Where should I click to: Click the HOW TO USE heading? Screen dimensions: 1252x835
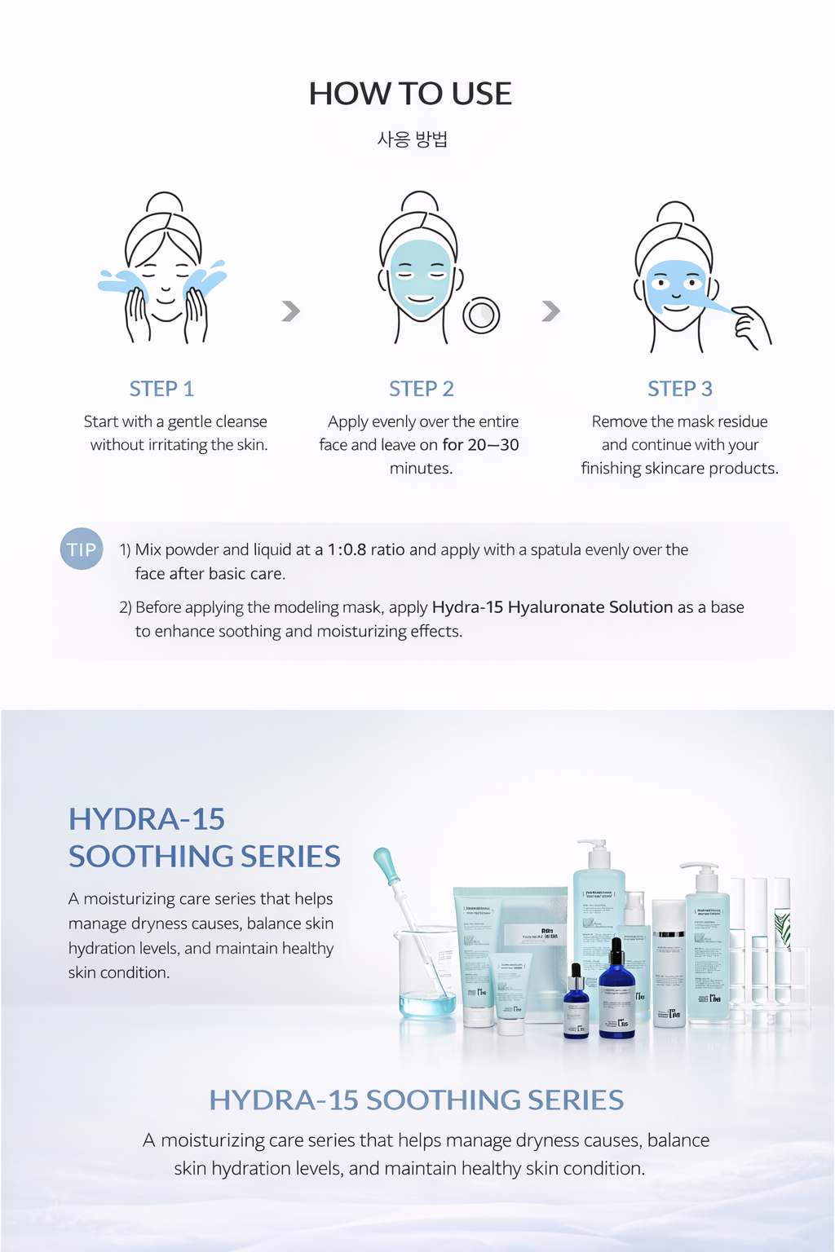coord(410,94)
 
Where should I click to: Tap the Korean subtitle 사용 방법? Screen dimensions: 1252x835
coord(413,139)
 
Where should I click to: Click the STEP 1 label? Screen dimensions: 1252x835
coord(161,389)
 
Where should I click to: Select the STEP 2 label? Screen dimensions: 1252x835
coord(421,389)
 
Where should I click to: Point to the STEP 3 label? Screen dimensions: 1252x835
coord(679,389)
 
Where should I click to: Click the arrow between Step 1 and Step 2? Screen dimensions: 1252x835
coord(291,311)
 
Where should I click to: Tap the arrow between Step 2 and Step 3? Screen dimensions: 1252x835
coord(551,311)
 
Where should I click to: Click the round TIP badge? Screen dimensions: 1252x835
coord(82,549)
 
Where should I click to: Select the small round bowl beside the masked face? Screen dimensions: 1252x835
coord(481,315)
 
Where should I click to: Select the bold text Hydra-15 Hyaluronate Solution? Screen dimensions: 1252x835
coord(552,607)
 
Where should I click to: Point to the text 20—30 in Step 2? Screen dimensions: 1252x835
coord(493,445)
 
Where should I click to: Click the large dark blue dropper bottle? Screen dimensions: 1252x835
coord(616,994)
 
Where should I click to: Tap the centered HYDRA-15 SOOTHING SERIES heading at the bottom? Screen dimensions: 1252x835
coord(416,1100)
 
